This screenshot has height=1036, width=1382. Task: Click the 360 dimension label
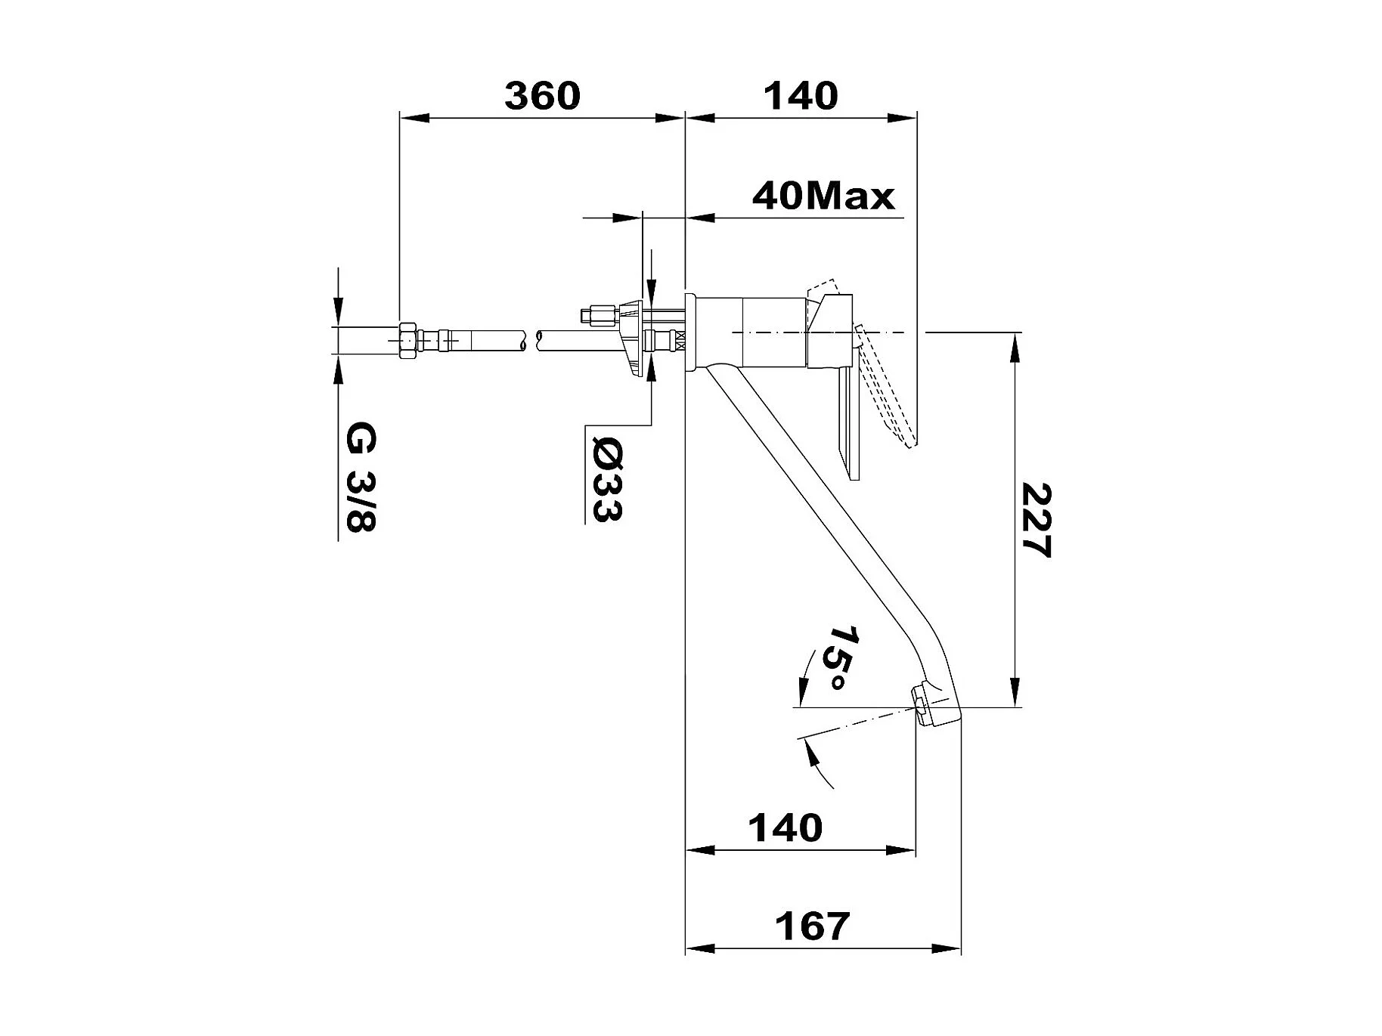coord(542,96)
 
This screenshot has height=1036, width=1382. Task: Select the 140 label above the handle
coord(801,96)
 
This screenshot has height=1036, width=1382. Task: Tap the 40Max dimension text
coord(823,196)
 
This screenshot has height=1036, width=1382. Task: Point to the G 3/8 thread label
coord(361,478)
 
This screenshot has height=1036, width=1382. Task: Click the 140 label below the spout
coord(785,828)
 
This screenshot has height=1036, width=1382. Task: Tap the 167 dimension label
coord(813,926)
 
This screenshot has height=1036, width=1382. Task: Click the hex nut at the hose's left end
coord(407,342)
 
